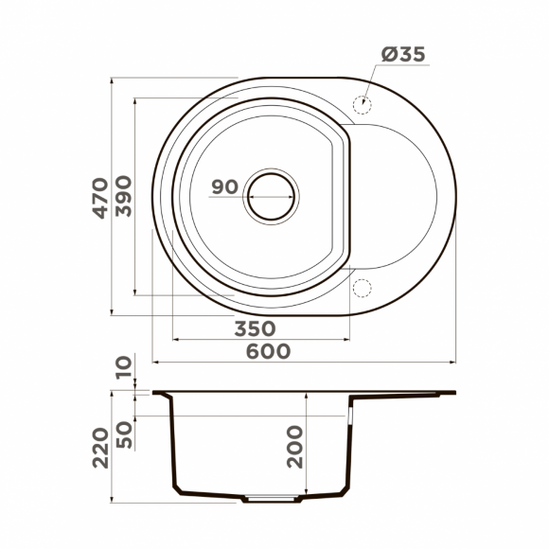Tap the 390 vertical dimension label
point(124,199)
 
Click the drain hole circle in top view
point(272,198)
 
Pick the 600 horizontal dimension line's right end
point(455,362)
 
